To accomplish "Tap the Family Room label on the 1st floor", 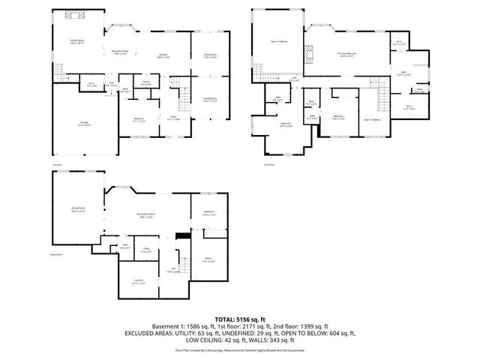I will tap(76, 41).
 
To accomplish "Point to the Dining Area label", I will tap(209, 55).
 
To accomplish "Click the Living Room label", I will tap(209, 99).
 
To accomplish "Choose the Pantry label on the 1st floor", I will tap(147, 83).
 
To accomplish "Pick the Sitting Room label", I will tap(78, 211).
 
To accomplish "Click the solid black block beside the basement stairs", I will tap(180, 236).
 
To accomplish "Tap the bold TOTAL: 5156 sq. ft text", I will tap(240, 318).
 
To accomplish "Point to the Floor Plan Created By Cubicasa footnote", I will tap(240, 349).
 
